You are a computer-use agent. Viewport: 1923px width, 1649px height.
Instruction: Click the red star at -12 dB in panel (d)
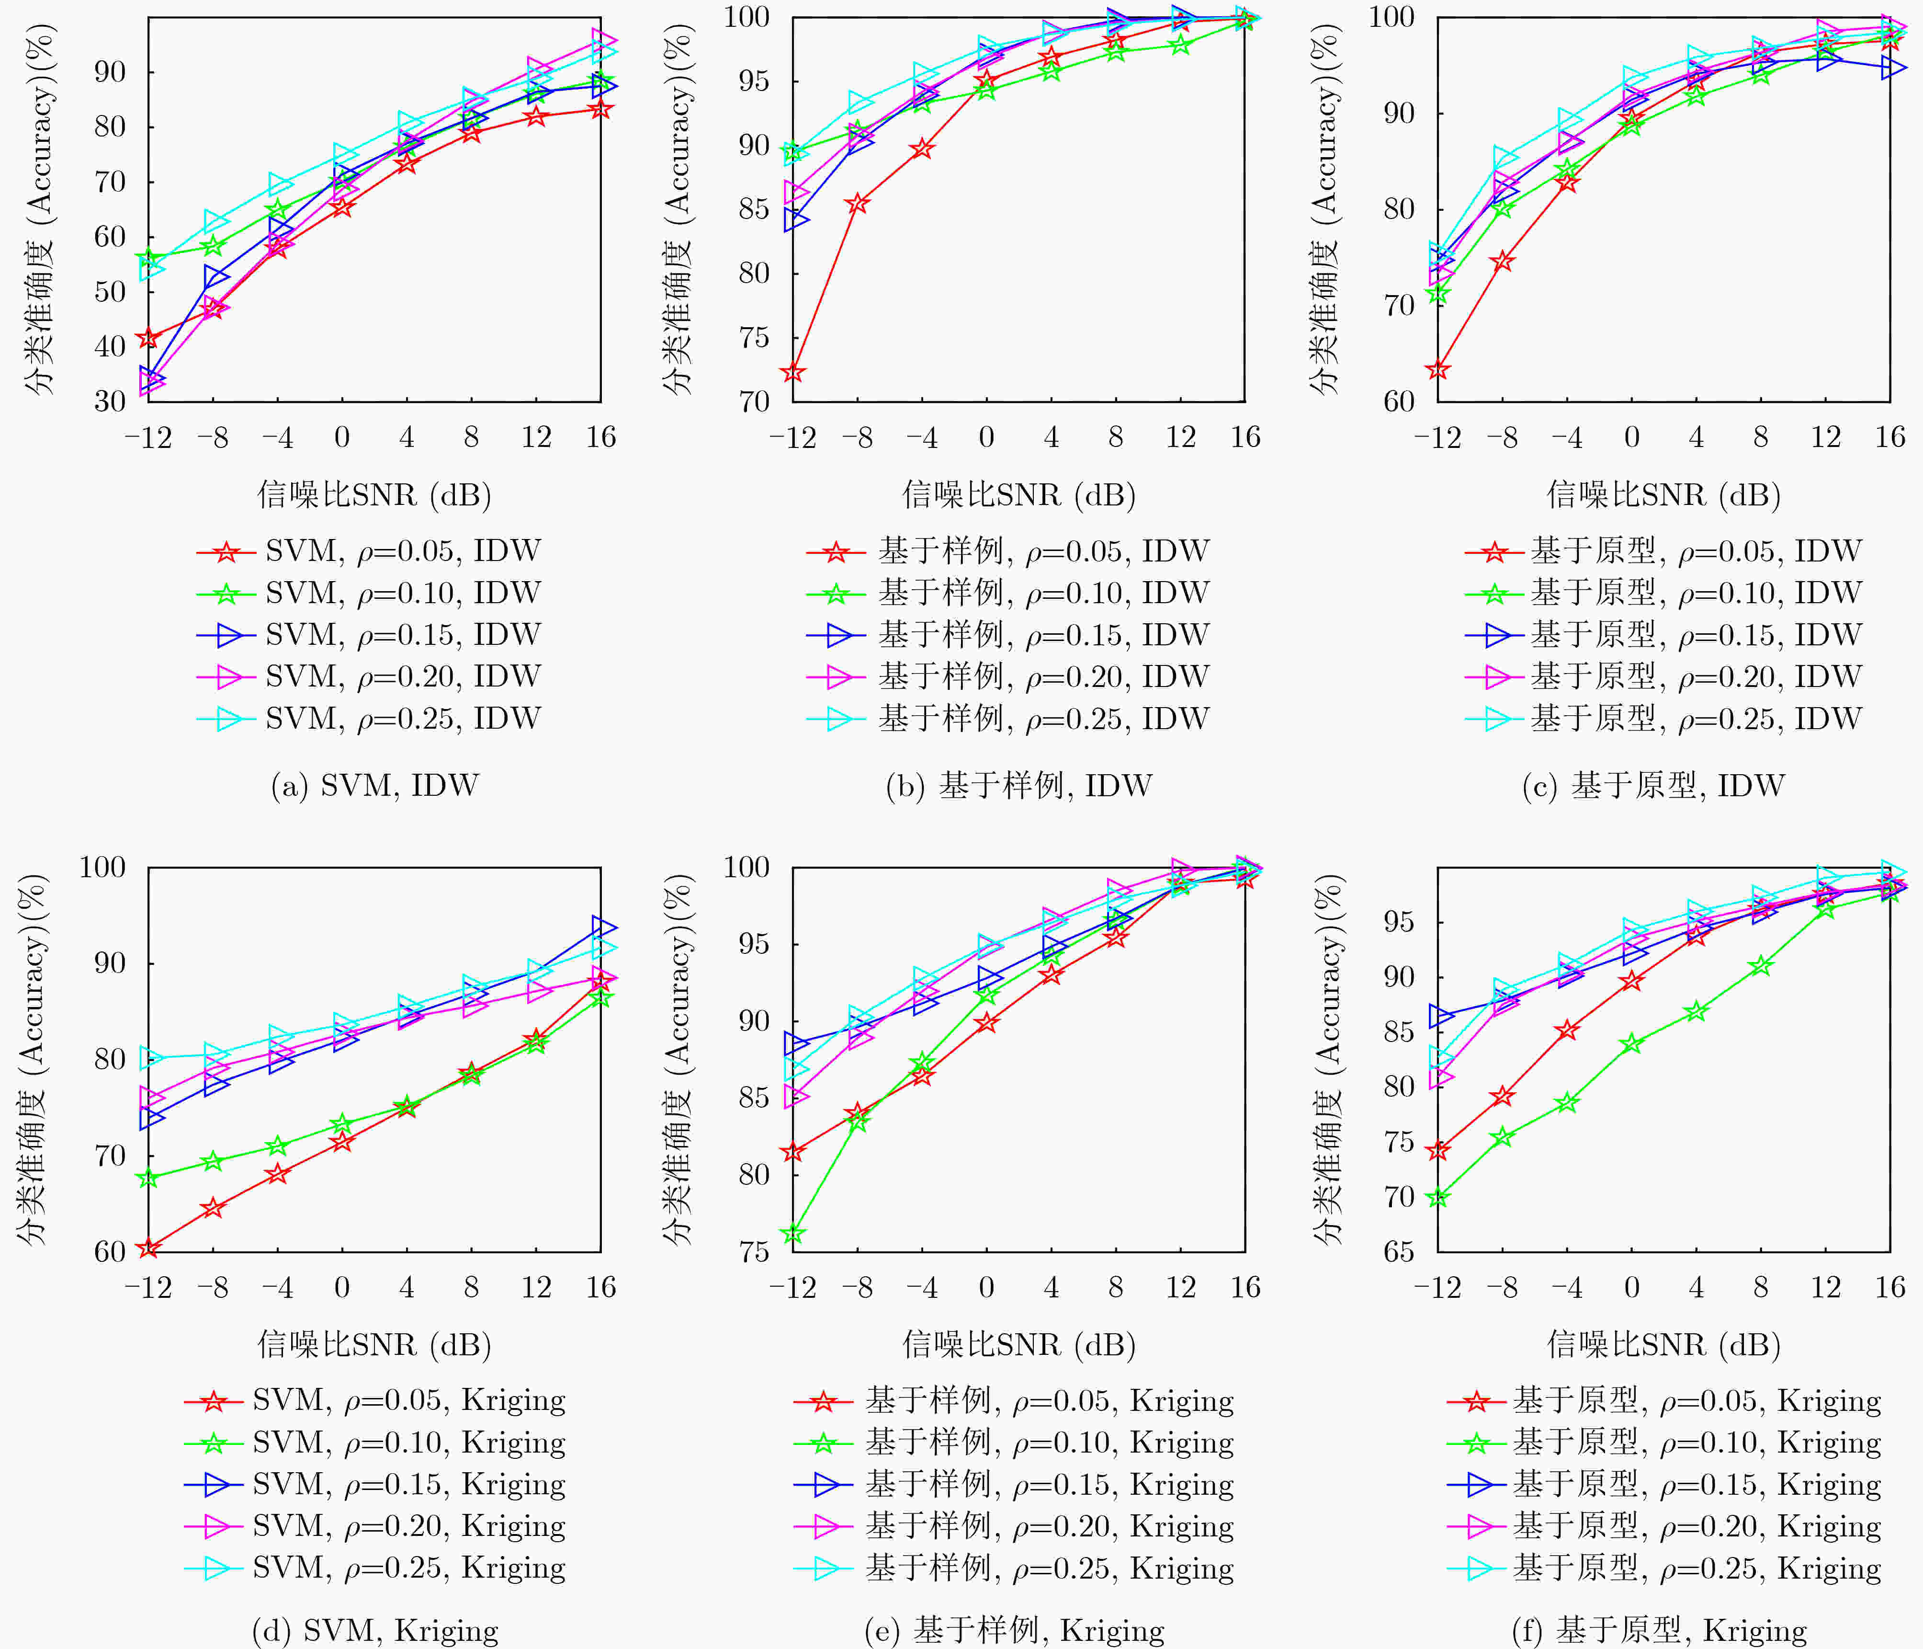148,1248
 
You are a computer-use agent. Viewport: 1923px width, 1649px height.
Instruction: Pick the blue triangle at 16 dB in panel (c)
1893,67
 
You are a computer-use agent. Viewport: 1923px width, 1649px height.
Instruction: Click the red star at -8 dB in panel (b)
858,203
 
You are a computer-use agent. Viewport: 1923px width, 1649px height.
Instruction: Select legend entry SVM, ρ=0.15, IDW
368,635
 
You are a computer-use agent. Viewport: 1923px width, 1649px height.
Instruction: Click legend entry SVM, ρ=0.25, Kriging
375,1568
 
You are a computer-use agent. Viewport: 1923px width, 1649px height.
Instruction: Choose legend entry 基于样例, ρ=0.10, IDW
1008,593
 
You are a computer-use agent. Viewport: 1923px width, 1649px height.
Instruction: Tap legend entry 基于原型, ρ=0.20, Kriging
1664,1526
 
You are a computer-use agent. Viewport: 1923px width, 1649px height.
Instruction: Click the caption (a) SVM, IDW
375,786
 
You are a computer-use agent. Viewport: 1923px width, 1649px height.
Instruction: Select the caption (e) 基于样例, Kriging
1014,1630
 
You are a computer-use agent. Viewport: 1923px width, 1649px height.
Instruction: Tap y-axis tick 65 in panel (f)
1399,1252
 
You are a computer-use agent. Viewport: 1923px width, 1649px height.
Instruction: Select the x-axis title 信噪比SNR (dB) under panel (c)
1663,495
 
